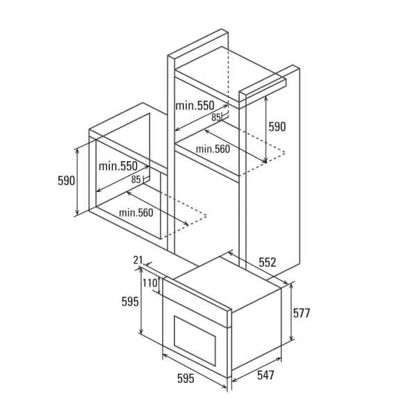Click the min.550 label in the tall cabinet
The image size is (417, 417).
[195, 106]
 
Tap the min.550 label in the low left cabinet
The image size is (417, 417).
[117, 166]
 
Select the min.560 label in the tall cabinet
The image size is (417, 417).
[212, 149]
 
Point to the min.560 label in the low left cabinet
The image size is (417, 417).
[136, 213]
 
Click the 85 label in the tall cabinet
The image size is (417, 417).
[216, 117]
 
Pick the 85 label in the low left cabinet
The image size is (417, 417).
[136, 179]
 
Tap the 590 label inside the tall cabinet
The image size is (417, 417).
[277, 127]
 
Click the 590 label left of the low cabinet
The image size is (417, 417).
[66, 181]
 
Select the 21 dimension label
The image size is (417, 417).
[138, 260]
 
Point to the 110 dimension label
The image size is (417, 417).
[149, 284]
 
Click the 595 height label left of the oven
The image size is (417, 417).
[129, 302]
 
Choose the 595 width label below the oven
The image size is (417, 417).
[185, 379]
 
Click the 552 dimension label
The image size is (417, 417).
[268, 263]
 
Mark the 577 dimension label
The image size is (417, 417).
[301, 313]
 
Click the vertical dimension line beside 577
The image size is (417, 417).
[291, 313]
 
